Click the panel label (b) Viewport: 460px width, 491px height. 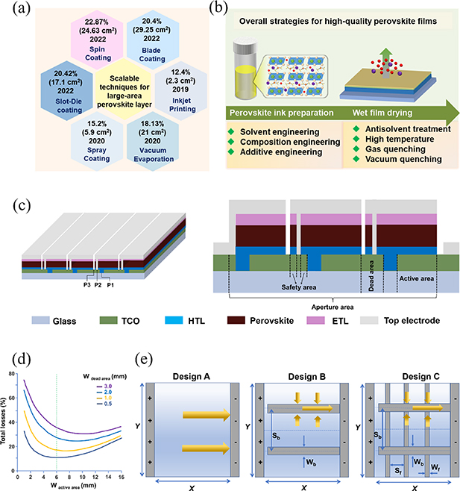tap(241, 9)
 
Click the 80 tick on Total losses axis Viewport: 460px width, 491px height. tap(14, 372)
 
